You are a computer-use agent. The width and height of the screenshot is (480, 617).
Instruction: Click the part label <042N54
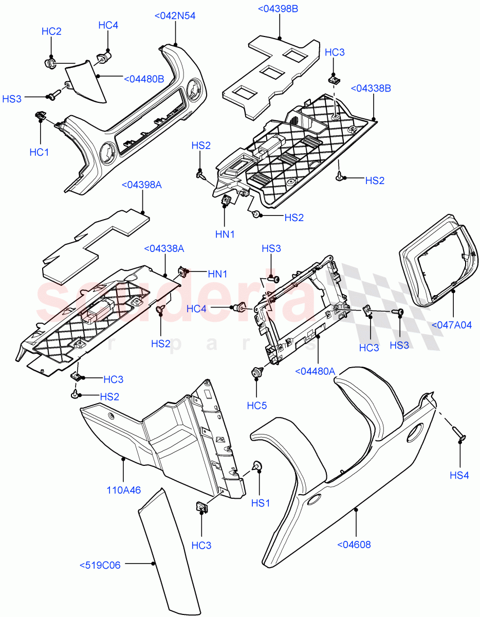click(175, 16)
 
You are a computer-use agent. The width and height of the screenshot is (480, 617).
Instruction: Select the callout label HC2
click(51, 32)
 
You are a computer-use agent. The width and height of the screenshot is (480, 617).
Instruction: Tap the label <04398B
click(278, 9)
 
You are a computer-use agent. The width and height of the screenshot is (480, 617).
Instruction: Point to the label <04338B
click(371, 89)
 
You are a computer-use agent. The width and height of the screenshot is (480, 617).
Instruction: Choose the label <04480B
click(144, 79)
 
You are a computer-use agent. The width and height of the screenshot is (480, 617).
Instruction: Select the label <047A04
click(452, 324)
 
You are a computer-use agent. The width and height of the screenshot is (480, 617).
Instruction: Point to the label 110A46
click(123, 491)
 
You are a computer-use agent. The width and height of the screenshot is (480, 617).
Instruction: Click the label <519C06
click(100, 565)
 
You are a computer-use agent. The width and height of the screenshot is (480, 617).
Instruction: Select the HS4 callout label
click(459, 476)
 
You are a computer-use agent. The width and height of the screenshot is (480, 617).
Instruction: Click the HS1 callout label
click(261, 502)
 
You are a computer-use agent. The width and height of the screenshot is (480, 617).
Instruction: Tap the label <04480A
click(315, 371)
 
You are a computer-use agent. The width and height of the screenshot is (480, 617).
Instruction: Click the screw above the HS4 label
click(459, 434)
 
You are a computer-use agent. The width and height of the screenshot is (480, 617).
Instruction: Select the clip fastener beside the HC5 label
click(256, 372)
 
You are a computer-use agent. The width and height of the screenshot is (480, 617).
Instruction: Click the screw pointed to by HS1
click(256, 467)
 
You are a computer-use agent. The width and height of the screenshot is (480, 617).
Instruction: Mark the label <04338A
click(164, 249)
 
